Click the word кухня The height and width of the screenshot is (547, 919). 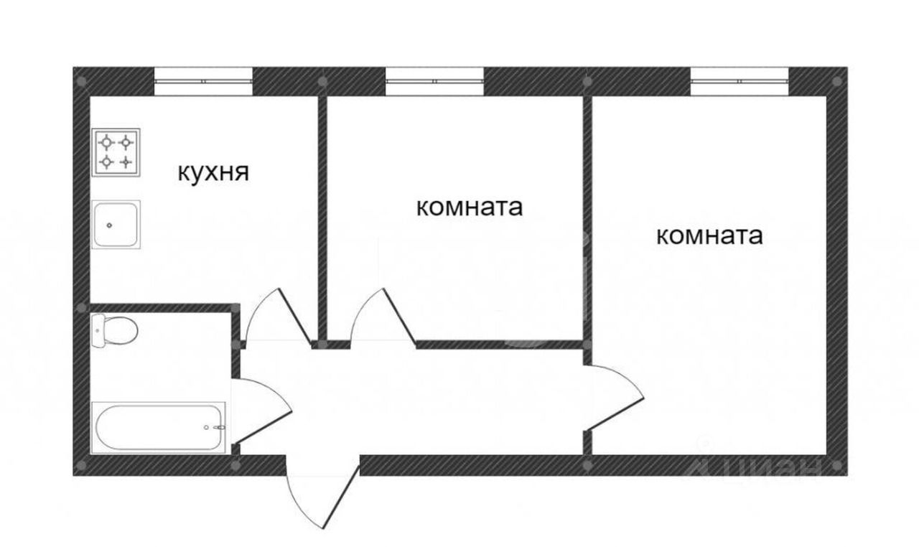(x=213, y=173)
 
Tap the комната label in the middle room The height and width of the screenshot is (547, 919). (x=470, y=207)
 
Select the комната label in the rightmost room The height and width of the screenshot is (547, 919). (x=710, y=236)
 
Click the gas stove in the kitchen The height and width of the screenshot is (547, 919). (x=116, y=152)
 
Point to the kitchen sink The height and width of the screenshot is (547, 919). (x=116, y=224)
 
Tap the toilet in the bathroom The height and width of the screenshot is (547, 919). (x=114, y=330)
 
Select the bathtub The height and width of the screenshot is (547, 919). (x=159, y=428)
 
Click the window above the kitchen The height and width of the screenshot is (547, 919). (x=203, y=81)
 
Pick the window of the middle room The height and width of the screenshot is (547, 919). (x=435, y=81)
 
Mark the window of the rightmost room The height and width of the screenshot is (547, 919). (x=740, y=81)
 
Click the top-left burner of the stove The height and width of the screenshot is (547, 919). (x=107, y=143)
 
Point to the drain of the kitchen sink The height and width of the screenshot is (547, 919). (x=109, y=225)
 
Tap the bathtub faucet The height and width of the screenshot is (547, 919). (x=219, y=427)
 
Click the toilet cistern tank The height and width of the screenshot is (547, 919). (x=98, y=330)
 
